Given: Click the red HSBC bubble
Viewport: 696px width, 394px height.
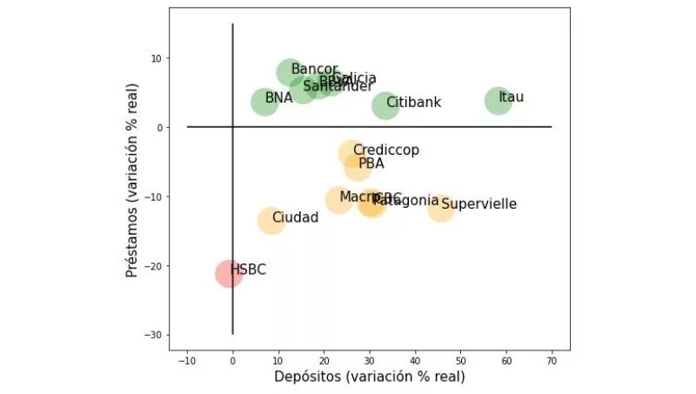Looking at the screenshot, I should (229, 273).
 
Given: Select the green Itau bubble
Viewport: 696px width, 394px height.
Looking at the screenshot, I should (498, 100).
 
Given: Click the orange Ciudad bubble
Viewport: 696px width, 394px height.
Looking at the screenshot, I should (271, 220).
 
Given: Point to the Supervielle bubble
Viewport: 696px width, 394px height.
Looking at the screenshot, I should (441, 207).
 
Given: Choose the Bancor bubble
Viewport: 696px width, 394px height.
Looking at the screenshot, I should (291, 73).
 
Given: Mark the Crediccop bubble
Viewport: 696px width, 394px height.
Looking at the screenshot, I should (351, 154).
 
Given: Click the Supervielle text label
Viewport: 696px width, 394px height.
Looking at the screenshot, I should (479, 204).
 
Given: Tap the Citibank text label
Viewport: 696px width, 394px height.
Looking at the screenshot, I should (414, 103).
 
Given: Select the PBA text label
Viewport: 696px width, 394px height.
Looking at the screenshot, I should (371, 163).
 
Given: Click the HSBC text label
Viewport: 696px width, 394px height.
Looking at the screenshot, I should (249, 270).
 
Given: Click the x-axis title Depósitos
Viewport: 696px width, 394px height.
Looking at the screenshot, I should (370, 377).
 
